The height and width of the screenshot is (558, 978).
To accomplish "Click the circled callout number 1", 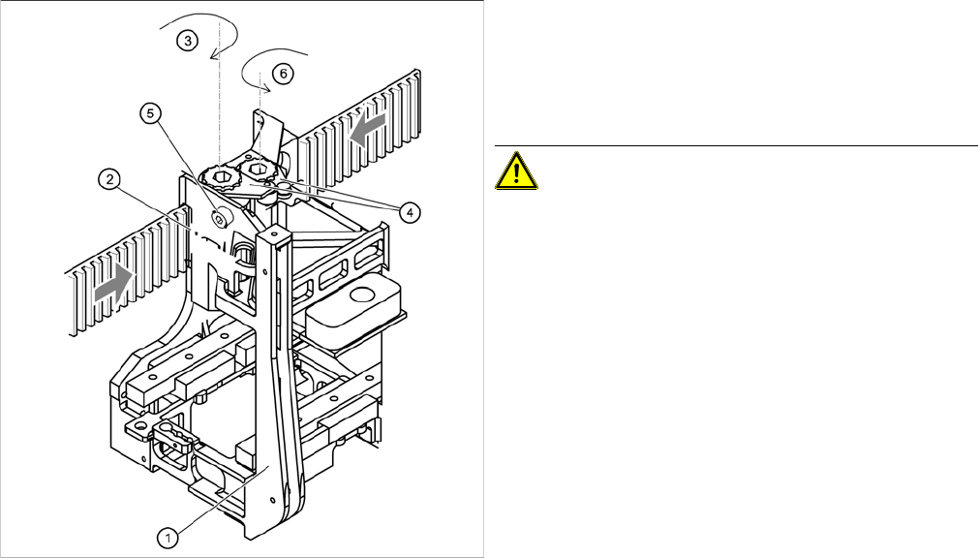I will click(x=167, y=534).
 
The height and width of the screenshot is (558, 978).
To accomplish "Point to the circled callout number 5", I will click(x=149, y=113).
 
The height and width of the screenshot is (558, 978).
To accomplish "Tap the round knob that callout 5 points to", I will click(x=221, y=218).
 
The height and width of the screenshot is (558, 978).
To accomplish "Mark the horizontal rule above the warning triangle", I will click(x=736, y=146).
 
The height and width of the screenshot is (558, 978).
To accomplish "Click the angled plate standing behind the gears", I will click(x=270, y=131).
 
